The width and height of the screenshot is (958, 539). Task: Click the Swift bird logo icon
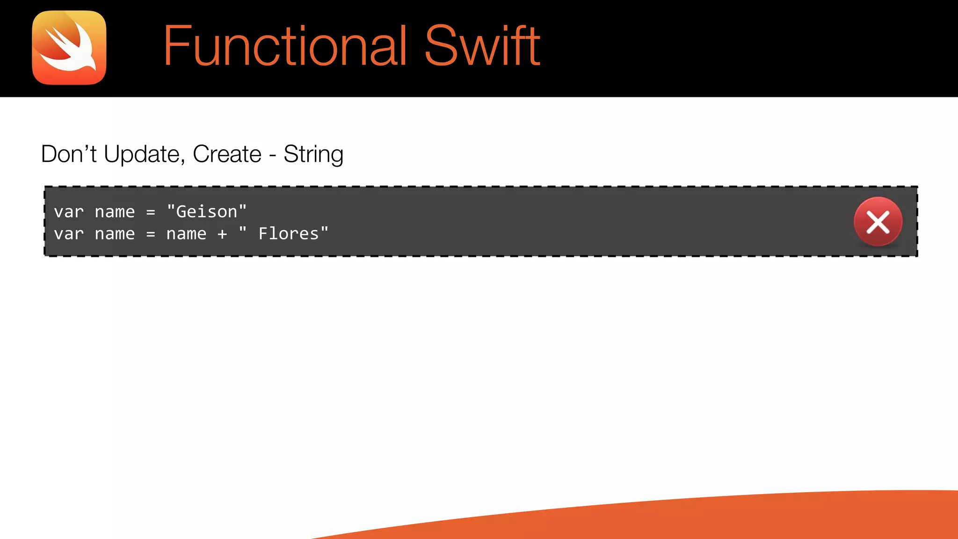[x=69, y=48]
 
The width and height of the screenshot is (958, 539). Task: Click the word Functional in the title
[x=285, y=46]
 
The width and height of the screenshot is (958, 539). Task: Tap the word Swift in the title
[x=482, y=46]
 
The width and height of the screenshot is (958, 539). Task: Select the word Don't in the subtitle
[x=69, y=154]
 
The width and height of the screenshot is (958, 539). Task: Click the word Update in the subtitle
[x=142, y=154]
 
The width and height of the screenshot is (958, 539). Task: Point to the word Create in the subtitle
[x=227, y=154]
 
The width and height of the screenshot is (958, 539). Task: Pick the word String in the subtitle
[x=313, y=154]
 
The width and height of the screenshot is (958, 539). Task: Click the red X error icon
[x=878, y=222]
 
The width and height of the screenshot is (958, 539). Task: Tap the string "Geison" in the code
[x=206, y=211]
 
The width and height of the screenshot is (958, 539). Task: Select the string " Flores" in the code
[x=283, y=233]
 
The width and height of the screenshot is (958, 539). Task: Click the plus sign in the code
[x=222, y=234]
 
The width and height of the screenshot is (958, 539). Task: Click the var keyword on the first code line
[x=69, y=212]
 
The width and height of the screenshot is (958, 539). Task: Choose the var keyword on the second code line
[x=69, y=234]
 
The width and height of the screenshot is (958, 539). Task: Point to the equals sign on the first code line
[x=151, y=212]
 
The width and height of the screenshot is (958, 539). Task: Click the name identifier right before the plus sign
[x=186, y=234]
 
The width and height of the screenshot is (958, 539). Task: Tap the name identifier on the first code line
[x=115, y=212]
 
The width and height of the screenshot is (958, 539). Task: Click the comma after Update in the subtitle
[x=182, y=162]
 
